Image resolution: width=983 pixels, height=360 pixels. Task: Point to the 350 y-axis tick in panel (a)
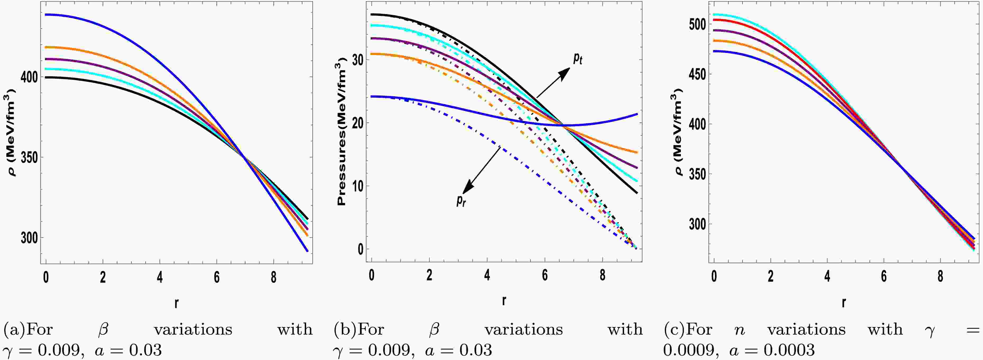29,157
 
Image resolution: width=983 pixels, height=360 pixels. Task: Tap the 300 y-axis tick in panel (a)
29,238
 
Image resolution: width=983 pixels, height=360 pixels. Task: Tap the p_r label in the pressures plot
461,200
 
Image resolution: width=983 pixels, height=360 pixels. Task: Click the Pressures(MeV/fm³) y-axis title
341,132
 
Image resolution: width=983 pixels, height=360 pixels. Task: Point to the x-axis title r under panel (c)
844,303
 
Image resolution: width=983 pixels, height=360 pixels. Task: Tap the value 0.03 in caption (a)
145,350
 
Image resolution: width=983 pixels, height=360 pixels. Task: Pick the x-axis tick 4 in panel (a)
159,277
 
